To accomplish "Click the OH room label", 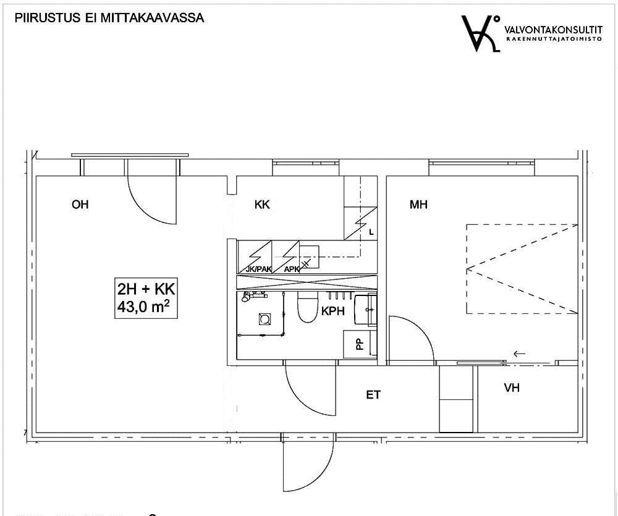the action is click(x=80, y=204).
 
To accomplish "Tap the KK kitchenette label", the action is click(x=262, y=204).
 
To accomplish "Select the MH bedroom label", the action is click(x=418, y=204).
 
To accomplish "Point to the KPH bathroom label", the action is click(x=333, y=311).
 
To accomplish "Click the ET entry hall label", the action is click(x=373, y=395).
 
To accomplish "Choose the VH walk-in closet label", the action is click(x=512, y=388).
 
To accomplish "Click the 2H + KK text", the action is click(x=146, y=289).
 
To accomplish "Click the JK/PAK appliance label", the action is click(x=258, y=269).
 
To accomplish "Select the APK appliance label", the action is click(x=292, y=269).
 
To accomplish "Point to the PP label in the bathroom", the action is click(x=360, y=345).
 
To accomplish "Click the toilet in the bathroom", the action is click(x=307, y=308).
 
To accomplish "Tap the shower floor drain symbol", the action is click(x=265, y=319).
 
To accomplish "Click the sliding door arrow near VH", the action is click(x=520, y=353).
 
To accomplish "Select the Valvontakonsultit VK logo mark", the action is click(x=481, y=33).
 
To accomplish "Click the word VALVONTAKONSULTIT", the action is click(x=553, y=30).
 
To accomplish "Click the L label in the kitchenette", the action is click(x=371, y=232).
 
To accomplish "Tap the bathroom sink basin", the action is click(x=365, y=309).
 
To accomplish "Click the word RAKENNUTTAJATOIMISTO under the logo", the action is click(x=554, y=39).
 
